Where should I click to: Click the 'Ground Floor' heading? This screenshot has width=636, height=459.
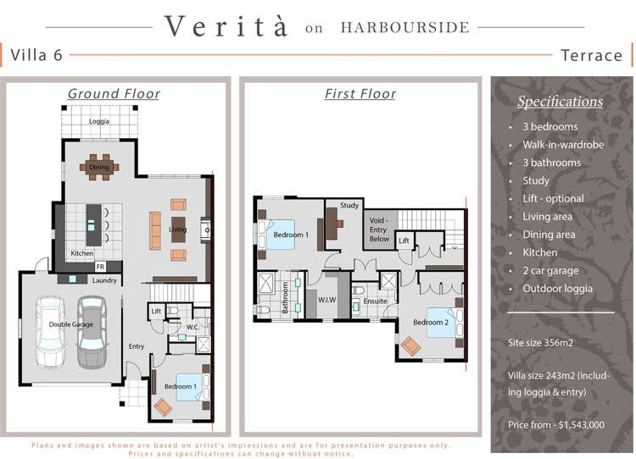tap(114, 94)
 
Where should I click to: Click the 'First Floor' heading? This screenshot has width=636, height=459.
tap(360, 94)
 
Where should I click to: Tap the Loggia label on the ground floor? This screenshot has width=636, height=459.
tap(100, 122)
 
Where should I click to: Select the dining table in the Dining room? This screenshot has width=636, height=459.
tap(100, 167)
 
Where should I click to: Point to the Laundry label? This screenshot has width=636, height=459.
tap(105, 279)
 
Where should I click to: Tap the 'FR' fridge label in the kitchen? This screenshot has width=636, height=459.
tap(99, 266)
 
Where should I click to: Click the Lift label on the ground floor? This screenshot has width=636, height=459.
tap(156, 312)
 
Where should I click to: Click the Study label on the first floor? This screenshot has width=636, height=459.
tap(349, 206)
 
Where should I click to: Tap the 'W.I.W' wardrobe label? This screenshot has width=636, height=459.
tap(328, 299)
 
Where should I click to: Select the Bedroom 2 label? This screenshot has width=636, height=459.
tap(430, 323)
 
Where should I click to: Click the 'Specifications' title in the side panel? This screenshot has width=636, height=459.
tap(560, 102)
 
